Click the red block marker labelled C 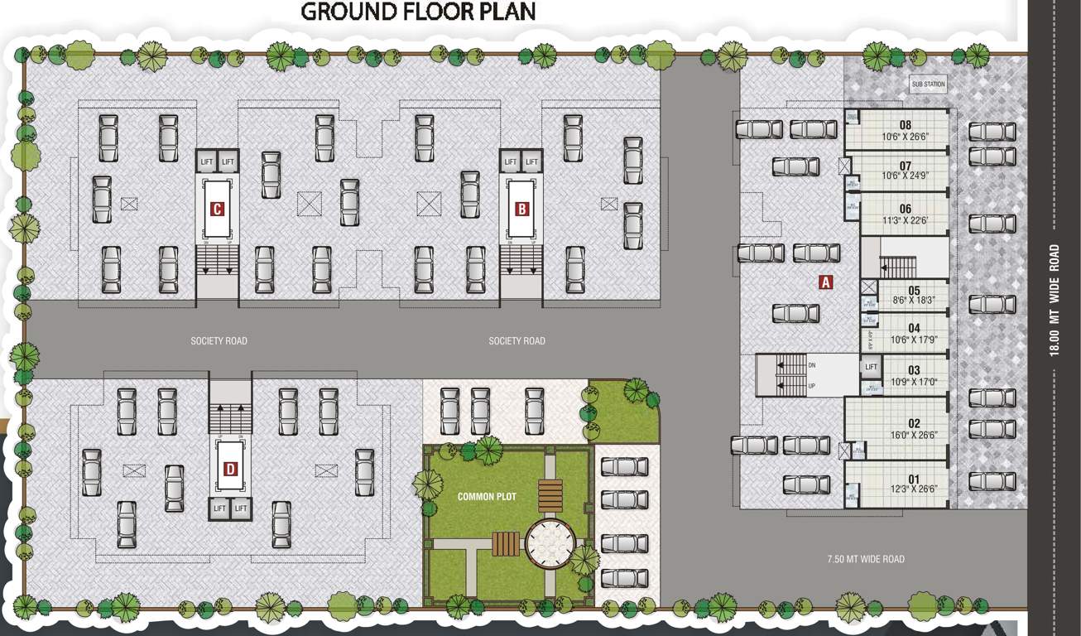(217, 210)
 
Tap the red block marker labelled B (521, 210)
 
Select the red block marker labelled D (230, 470)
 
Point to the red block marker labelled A (824, 282)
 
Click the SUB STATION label (928, 84)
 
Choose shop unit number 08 (906, 126)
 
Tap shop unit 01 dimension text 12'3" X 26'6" (914, 489)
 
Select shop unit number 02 (914, 424)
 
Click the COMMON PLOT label (487, 497)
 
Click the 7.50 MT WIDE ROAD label (866, 559)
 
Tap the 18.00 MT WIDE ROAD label (1054, 300)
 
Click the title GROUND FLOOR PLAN (418, 12)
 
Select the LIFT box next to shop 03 (871, 367)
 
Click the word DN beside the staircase (812, 364)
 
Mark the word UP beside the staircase (812, 386)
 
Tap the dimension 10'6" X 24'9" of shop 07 (906, 176)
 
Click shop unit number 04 (914, 329)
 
